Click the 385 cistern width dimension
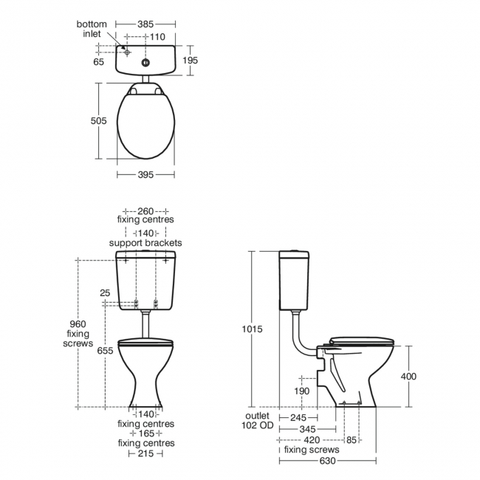point(145,24)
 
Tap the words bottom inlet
point(92,29)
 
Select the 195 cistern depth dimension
point(190,61)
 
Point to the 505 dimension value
point(98,121)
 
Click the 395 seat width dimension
point(145,175)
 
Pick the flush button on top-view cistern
point(145,63)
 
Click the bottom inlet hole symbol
point(127,52)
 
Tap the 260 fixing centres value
point(145,211)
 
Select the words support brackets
point(145,243)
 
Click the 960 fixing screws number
point(78,324)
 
